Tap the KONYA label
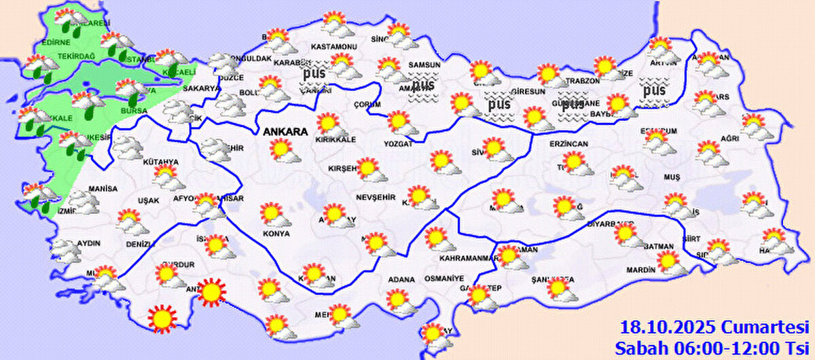point(276,233)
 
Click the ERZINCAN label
point(569,144)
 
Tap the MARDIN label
point(640,270)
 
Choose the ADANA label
point(401,278)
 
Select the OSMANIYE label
point(443,278)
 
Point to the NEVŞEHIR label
point(371,196)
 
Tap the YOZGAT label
point(399,144)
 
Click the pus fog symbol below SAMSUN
point(423,88)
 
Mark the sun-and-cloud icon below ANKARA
point(283,151)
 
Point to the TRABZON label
point(584,80)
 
